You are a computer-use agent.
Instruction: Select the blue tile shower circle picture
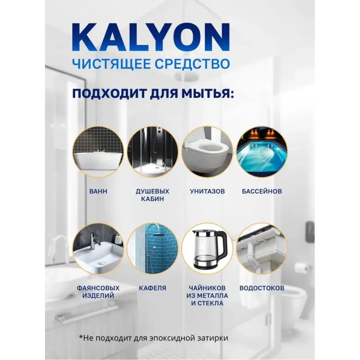pos(153,249)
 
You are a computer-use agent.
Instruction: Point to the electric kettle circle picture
pos(207,249)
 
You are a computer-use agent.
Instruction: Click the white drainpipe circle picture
pos(262,249)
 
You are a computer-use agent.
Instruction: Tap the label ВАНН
pos(98,191)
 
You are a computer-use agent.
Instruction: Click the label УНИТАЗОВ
pos(207,191)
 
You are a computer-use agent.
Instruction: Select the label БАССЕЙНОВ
pos(262,191)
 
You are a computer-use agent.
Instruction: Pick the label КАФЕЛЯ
pos(152,288)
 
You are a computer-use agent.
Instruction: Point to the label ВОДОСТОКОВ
pos(262,288)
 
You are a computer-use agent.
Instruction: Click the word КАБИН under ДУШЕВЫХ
pos(152,199)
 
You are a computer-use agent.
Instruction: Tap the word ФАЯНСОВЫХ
pos(98,288)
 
